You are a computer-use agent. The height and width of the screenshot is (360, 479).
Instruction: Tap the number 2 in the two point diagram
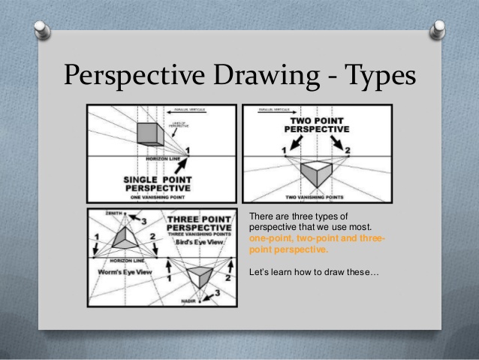347,150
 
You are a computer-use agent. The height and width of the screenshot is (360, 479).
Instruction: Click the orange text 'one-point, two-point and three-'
316,238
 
